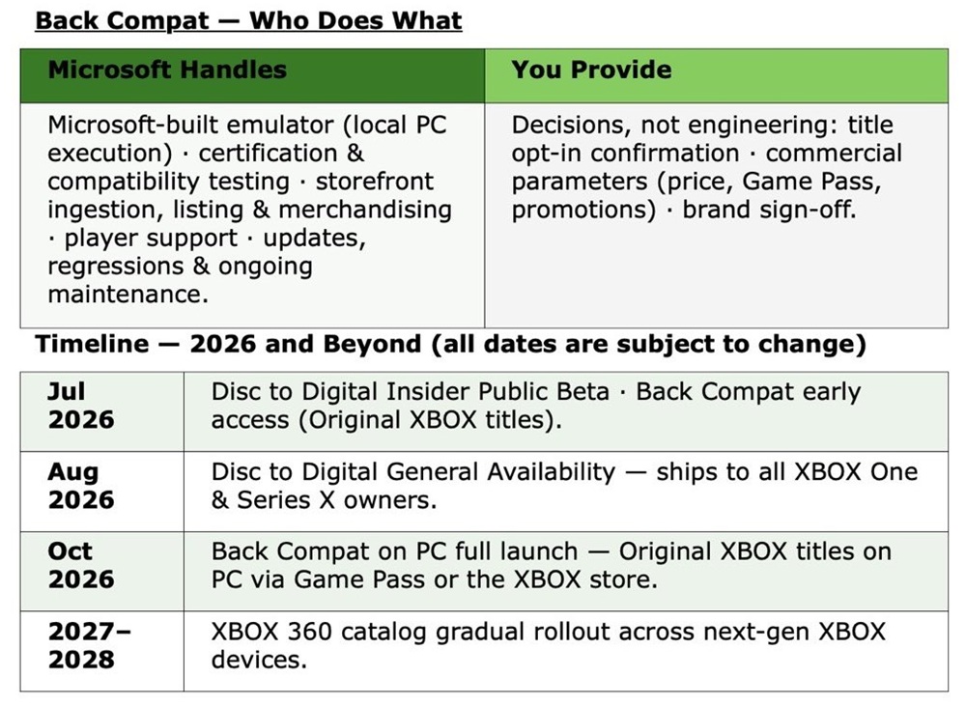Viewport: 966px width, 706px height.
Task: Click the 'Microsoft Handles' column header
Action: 167,70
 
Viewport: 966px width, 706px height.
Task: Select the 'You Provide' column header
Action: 591,70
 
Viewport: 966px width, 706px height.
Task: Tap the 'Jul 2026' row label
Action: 81,406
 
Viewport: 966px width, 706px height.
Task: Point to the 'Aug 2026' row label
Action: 81,486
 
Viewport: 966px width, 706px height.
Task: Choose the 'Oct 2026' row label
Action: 81,565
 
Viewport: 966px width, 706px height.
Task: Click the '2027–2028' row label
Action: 89,645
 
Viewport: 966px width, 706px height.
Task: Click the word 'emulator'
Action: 271,125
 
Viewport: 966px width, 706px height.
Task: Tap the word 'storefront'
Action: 375,182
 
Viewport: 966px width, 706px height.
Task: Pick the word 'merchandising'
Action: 365,211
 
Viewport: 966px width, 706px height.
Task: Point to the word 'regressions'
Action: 116,267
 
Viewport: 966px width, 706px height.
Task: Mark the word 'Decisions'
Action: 571,125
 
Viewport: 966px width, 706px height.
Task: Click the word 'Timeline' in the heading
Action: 92,344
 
